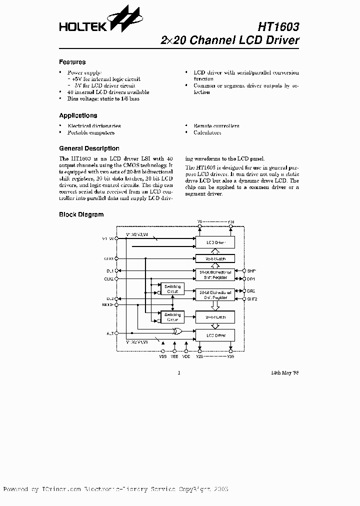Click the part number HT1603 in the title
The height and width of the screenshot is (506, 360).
pyautogui.click(x=279, y=25)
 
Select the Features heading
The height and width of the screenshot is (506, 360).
pyautogui.click(x=72, y=62)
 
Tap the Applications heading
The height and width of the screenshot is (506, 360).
pyautogui.click(x=78, y=115)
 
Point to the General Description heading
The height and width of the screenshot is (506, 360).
pyautogui.click(x=89, y=148)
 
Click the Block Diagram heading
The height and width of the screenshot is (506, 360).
pyautogui.click(x=81, y=214)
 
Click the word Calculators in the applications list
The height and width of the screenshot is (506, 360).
pyautogui.click(x=207, y=132)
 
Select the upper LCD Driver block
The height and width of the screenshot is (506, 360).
pyautogui.click(x=213, y=242)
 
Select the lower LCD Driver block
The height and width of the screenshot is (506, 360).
pyautogui.click(x=213, y=335)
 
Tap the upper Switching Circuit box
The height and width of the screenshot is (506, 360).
pyautogui.click(x=171, y=288)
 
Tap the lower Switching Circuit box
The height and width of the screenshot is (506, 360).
pyautogui.click(x=171, y=316)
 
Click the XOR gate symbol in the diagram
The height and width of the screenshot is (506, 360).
pyautogui.click(x=176, y=331)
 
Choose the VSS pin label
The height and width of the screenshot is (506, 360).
pyautogui.click(x=162, y=356)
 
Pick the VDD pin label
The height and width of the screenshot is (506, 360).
pyautogui.click(x=186, y=356)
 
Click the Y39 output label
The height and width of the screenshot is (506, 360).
pyautogui.click(x=230, y=356)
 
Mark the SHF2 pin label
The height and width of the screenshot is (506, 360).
pyautogui.click(x=251, y=298)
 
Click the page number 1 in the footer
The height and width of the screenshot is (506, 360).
pyautogui.click(x=179, y=372)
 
